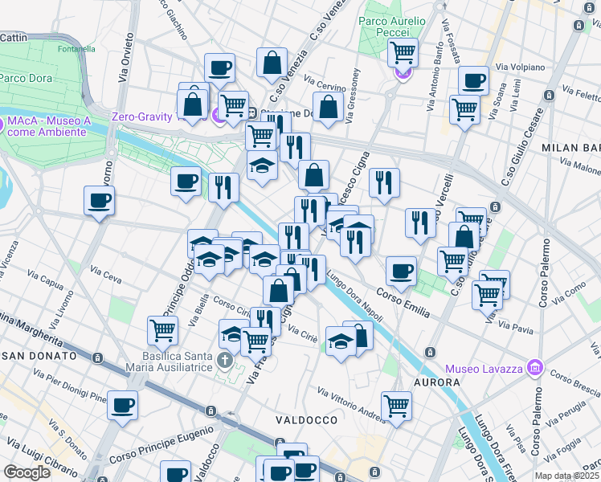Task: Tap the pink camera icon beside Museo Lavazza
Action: [x=535, y=369]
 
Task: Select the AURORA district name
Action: [x=436, y=382]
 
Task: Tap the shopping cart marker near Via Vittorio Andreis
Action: [x=396, y=406]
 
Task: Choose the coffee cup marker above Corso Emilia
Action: [x=401, y=271]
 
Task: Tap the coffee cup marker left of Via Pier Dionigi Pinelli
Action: [x=122, y=405]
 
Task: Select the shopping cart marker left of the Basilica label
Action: [x=163, y=329]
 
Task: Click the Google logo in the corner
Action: [x=27, y=472]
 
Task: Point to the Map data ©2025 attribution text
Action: [x=566, y=476]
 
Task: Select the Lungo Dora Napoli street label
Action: [x=354, y=296]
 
